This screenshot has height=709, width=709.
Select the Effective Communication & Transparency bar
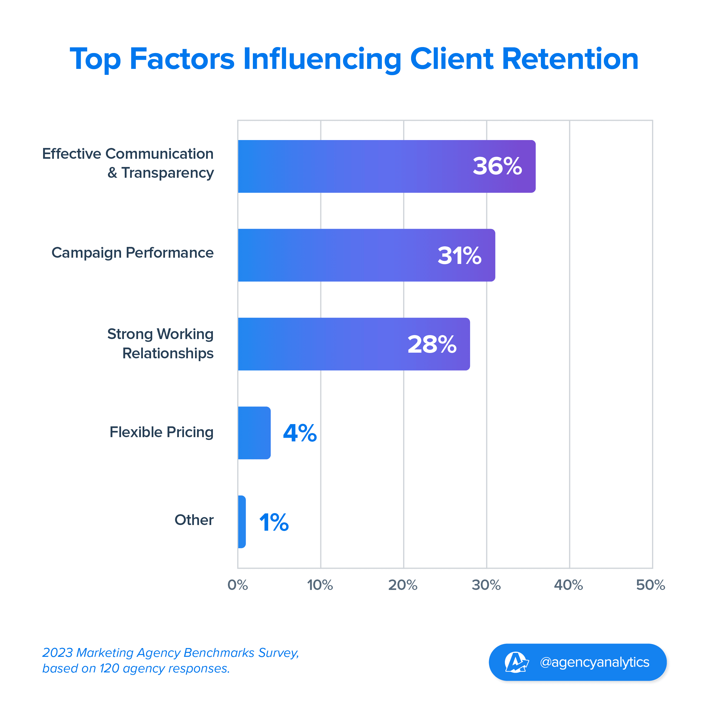point(367,166)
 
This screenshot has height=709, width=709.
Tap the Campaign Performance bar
point(349,255)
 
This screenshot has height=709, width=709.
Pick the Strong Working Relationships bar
point(330,344)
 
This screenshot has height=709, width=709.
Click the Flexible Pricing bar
point(254,433)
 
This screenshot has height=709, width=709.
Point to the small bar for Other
point(242,522)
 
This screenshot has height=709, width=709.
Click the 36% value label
point(497,166)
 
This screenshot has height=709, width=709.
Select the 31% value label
point(460,255)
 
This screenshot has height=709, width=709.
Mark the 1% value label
point(274,522)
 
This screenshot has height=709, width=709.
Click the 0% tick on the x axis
point(238,585)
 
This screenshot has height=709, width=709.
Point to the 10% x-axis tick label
point(320,585)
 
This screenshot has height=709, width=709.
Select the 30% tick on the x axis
point(486,585)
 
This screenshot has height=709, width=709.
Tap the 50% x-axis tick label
point(651,585)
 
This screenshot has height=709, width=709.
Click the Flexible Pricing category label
point(162,432)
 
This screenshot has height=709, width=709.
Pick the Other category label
point(194,520)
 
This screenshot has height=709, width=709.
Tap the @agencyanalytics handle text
point(594,663)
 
